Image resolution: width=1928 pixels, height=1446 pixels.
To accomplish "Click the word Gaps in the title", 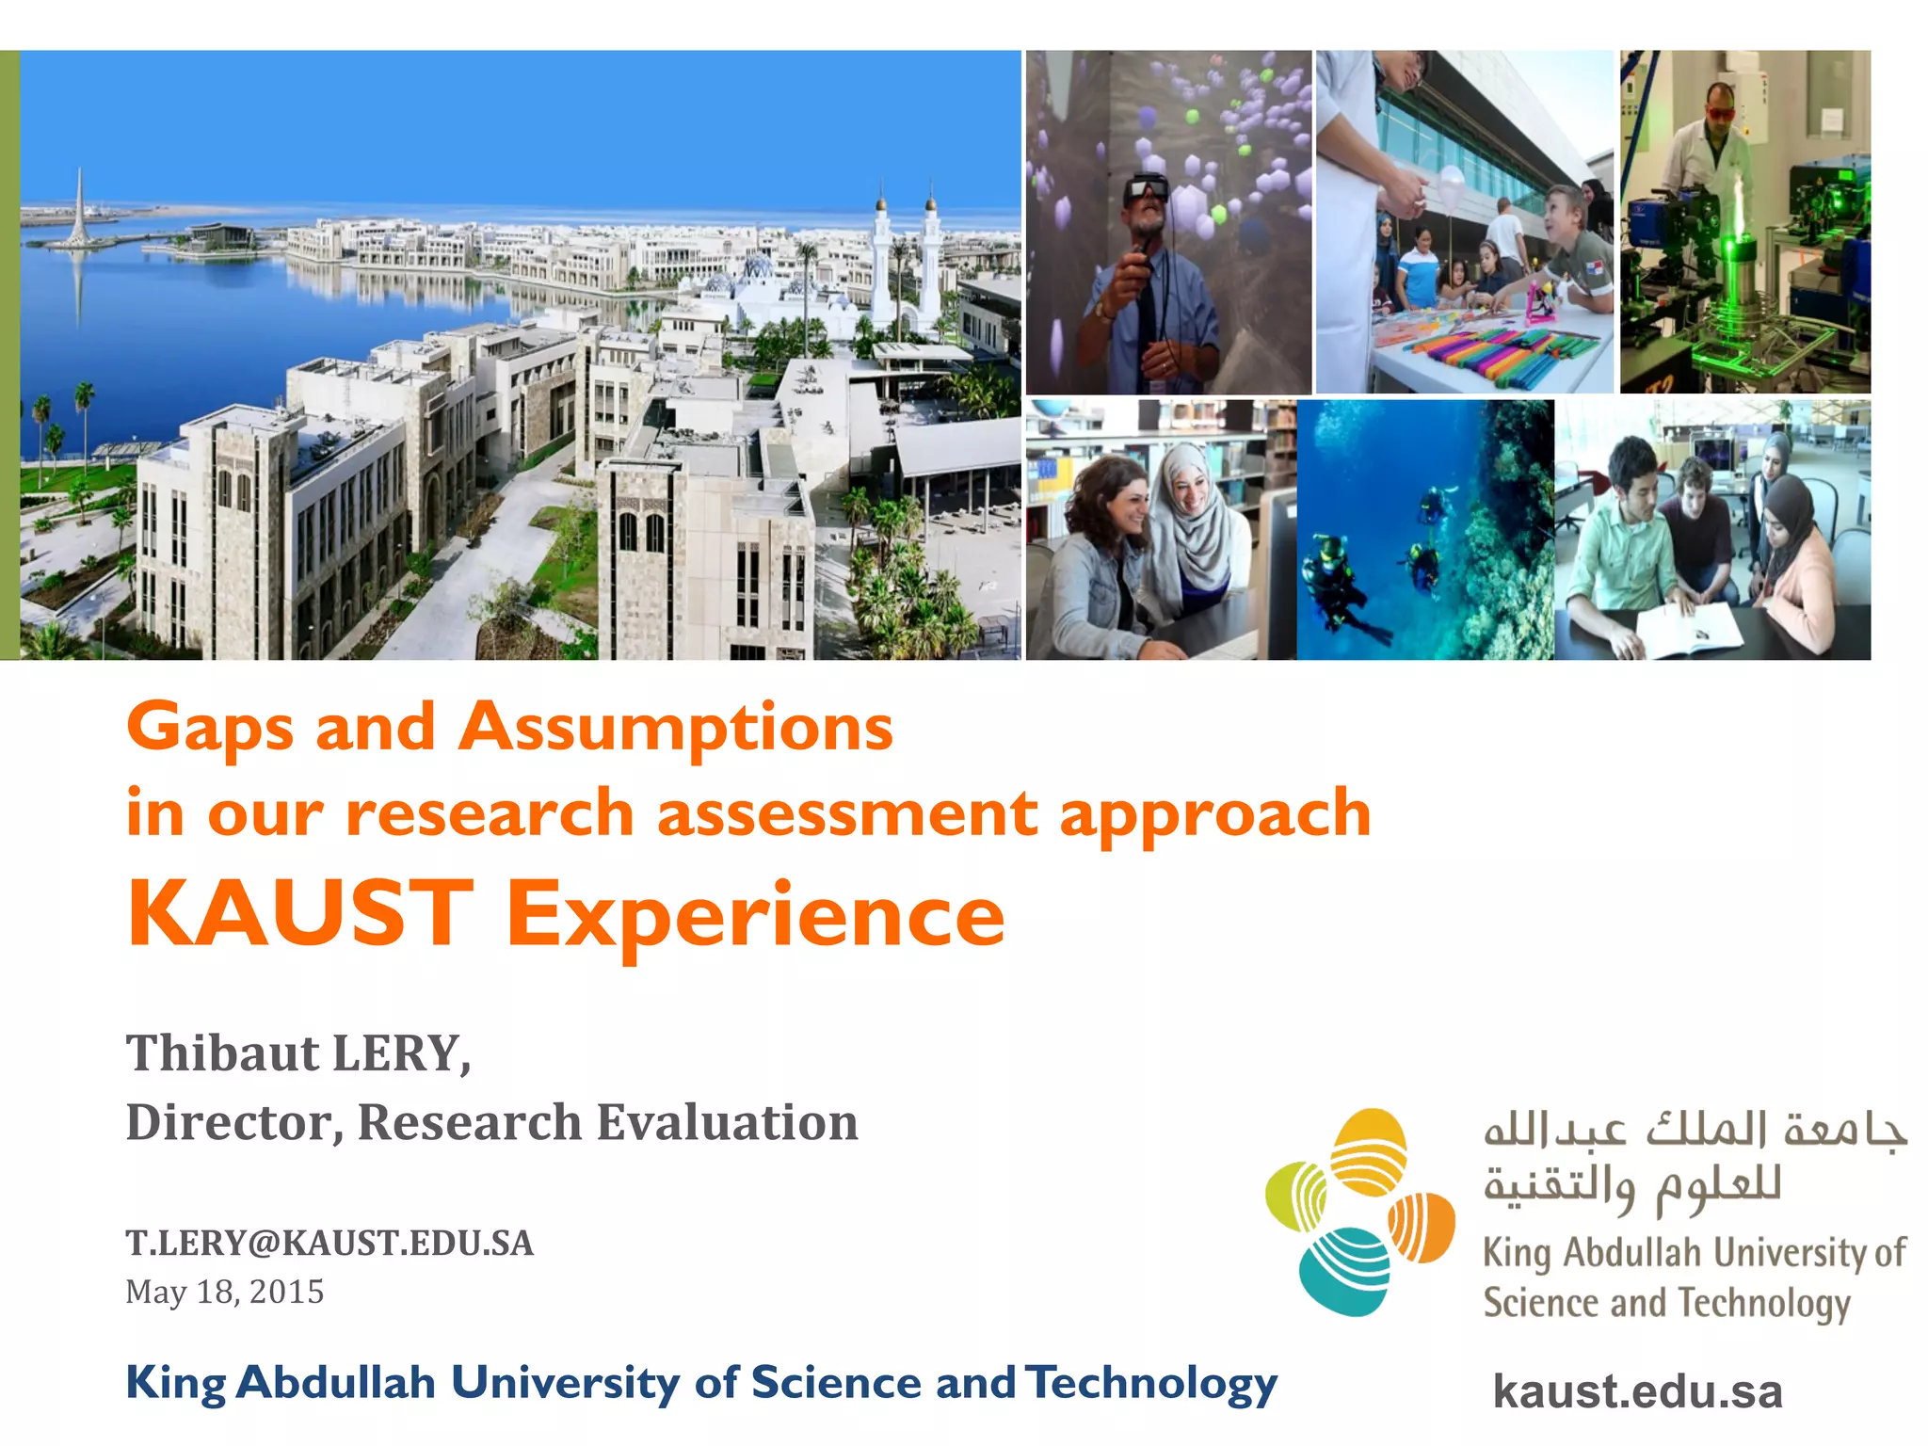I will pyautogui.click(x=209, y=728).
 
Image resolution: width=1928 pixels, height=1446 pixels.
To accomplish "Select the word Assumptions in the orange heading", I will pyautogui.click(x=676, y=728).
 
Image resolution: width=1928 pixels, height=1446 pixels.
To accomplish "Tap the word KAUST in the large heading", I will pyautogui.click(x=299, y=913).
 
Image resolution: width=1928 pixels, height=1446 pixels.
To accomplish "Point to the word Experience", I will pyautogui.click(x=756, y=915).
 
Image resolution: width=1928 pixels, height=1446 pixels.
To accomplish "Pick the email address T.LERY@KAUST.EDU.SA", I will pyautogui.click(x=329, y=1243).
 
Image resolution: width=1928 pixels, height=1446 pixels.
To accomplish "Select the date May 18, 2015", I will pyautogui.click(x=224, y=1292).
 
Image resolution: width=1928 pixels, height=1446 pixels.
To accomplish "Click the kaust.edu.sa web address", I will pyautogui.click(x=1637, y=1391).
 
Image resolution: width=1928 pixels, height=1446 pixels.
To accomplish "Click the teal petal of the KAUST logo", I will pyautogui.click(x=1344, y=1269).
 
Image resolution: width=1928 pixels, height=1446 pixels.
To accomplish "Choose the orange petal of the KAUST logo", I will pyautogui.click(x=1422, y=1226).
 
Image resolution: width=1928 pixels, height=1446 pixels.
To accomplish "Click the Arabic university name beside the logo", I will pyautogui.click(x=1695, y=1158).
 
